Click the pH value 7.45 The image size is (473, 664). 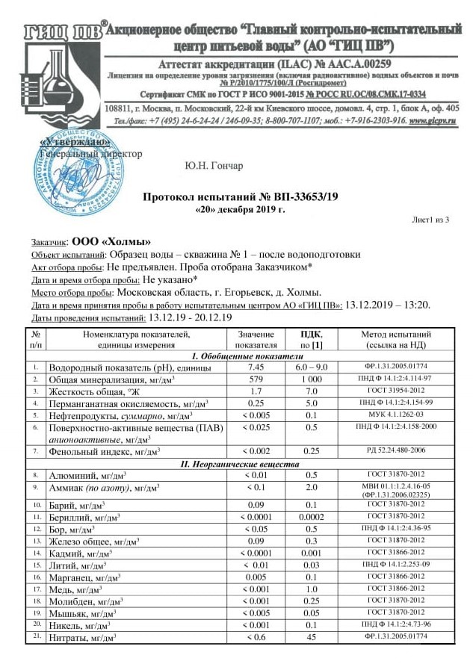coord(256,367)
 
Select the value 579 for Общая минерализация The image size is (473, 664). coord(256,379)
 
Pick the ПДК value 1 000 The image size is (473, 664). coord(312,379)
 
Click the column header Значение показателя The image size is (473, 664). coord(256,339)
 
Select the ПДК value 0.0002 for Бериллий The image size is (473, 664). coord(312,516)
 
